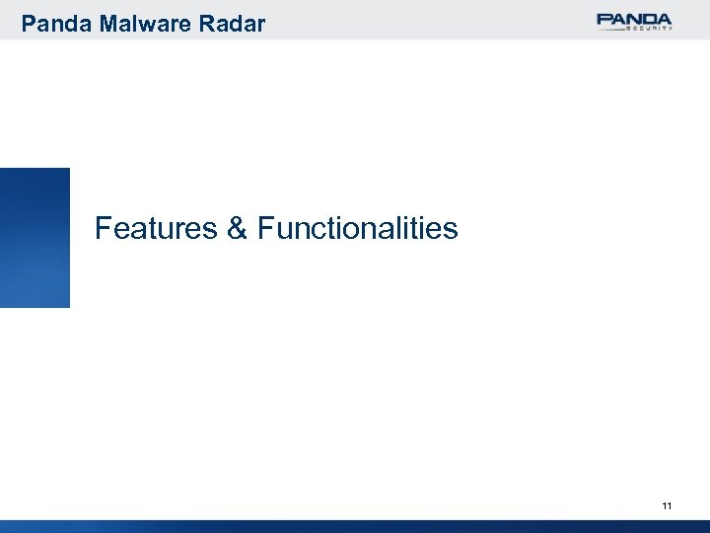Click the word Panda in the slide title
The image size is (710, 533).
click(53, 22)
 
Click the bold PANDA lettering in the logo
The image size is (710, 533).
click(634, 18)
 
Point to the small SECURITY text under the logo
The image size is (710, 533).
click(649, 30)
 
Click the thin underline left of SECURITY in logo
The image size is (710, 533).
click(611, 29)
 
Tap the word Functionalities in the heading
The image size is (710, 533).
click(357, 230)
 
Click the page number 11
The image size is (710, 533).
click(667, 506)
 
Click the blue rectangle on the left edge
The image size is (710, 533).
click(35, 237)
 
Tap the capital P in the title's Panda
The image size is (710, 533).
click(28, 22)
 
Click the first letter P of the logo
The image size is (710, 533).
click(603, 18)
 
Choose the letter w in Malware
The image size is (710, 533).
click(144, 24)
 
